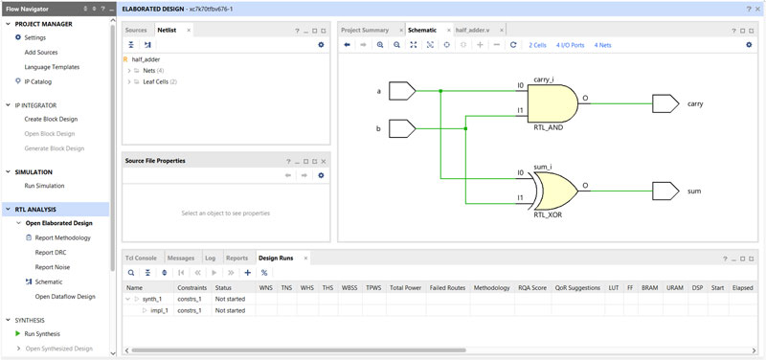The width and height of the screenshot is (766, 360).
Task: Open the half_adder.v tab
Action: pyautogui.click(x=472, y=30)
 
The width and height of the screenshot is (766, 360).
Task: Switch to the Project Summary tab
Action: pyautogui.click(x=365, y=30)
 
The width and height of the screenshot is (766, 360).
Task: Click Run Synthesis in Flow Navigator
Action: pyautogui.click(x=42, y=333)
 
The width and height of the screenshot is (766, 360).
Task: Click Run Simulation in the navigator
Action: pyautogui.click(x=44, y=186)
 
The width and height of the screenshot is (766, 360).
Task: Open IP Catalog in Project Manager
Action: pyautogui.click(x=38, y=81)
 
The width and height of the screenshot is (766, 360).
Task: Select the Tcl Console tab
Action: pyautogui.click(x=142, y=258)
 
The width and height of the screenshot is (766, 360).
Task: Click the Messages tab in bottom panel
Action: pyautogui.click(x=181, y=258)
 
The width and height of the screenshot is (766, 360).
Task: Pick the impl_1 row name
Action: pyautogui.click(x=159, y=311)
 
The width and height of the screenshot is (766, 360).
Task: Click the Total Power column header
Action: pyautogui.click(x=405, y=287)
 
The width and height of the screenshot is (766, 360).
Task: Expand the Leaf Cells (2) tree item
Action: pyautogui.click(x=129, y=81)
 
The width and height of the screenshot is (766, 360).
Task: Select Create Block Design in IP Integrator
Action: pyautogui.click(x=51, y=119)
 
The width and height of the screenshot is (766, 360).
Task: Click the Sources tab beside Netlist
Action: pyautogui.click(x=137, y=30)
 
